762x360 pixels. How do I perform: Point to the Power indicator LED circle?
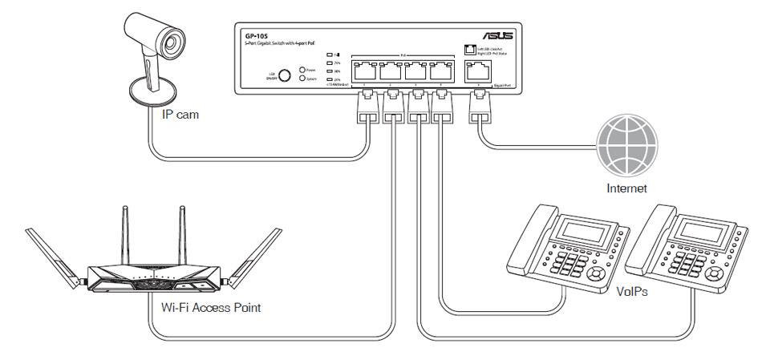coord(302,71)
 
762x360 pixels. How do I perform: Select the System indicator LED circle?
coord(302,79)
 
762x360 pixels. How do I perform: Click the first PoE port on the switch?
coord(366,70)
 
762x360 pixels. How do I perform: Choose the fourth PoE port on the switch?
coord(439,70)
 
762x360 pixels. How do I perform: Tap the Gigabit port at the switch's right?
coord(480,70)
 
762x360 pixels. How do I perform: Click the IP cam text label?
coord(180,115)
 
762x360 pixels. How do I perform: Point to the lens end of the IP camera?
coord(172,36)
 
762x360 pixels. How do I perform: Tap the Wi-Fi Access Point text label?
coord(211,307)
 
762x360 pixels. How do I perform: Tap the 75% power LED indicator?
coord(330,63)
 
